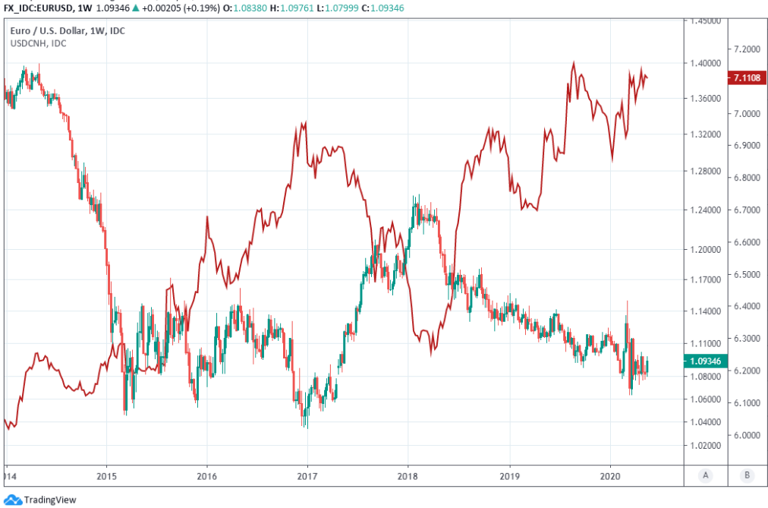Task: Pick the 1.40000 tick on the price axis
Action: click(x=705, y=63)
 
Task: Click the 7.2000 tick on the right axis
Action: click(x=747, y=49)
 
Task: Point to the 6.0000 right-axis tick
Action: click(x=747, y=435)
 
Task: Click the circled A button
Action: click(x=706, y=475)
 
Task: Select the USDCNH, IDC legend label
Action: click(x=38, y=43)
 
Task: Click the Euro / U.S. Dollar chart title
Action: click(x=68, y=31)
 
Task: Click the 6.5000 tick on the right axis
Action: click(x=747, y=274)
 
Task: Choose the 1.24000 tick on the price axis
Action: click(x=705, y=210)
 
